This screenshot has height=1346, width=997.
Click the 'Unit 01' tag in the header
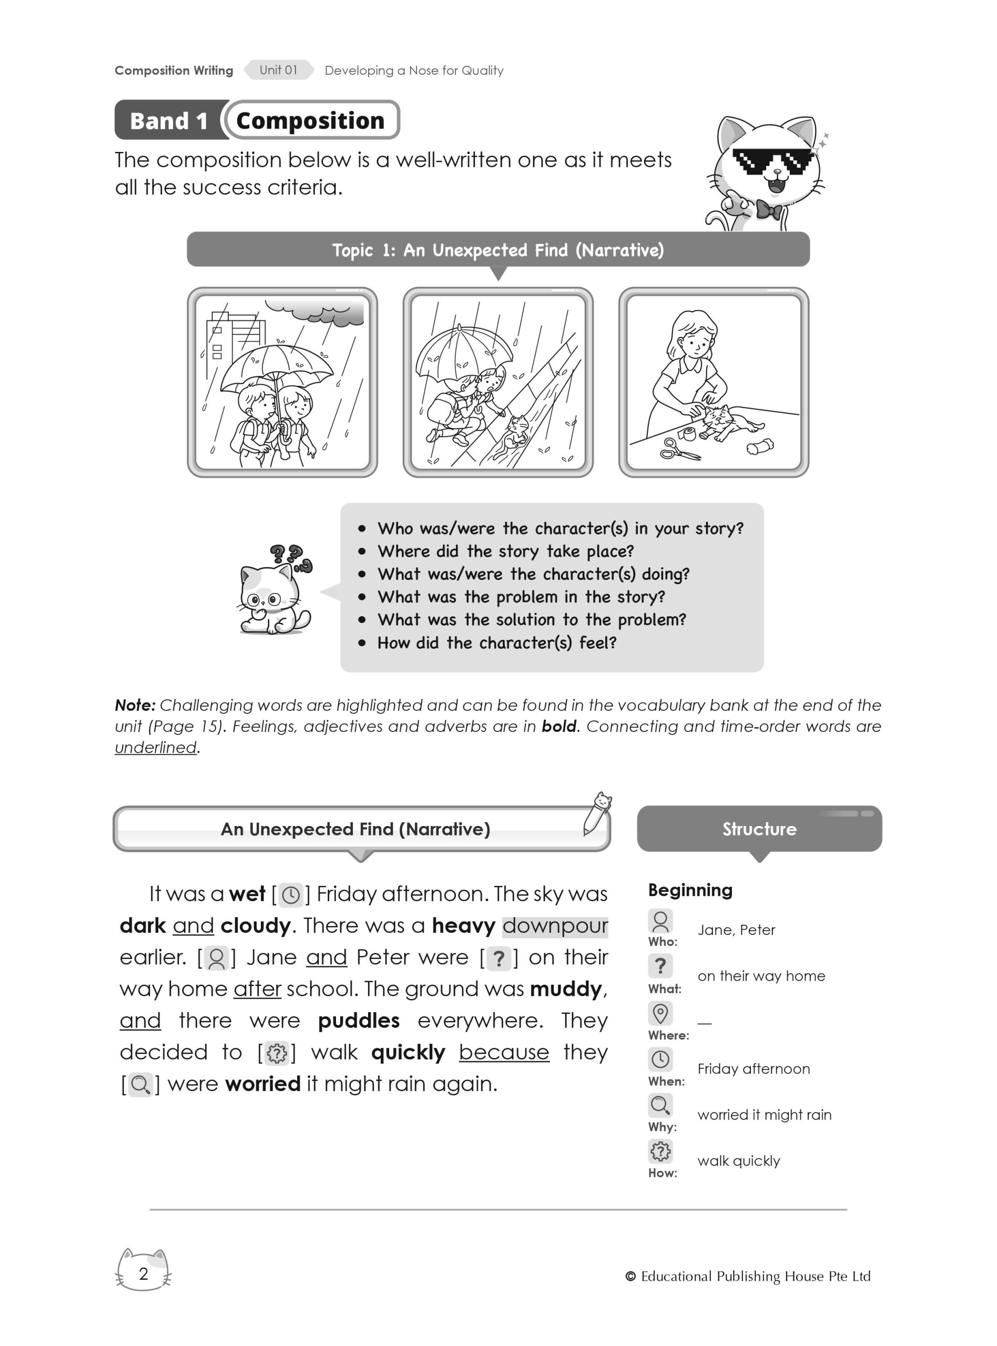point(278,70)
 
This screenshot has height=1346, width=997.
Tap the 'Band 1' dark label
point(168,120)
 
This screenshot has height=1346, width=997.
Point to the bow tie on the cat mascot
point(769,210)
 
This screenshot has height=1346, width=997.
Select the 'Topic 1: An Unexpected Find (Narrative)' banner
point(498,250)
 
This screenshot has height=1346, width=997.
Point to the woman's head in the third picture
point(694,332)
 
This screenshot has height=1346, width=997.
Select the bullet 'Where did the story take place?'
point(505,552)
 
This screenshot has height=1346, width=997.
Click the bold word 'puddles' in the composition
point(359,1020)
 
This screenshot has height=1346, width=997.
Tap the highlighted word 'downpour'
point(555,925)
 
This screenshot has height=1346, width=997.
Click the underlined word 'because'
point(504,1052)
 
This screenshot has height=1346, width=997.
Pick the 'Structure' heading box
point(759,829)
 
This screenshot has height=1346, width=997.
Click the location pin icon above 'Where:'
point(660,1013)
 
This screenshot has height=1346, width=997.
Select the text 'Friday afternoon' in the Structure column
point(753,1068)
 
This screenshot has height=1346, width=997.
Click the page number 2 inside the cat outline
point(144,1273)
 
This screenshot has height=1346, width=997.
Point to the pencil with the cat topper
point(597,814)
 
